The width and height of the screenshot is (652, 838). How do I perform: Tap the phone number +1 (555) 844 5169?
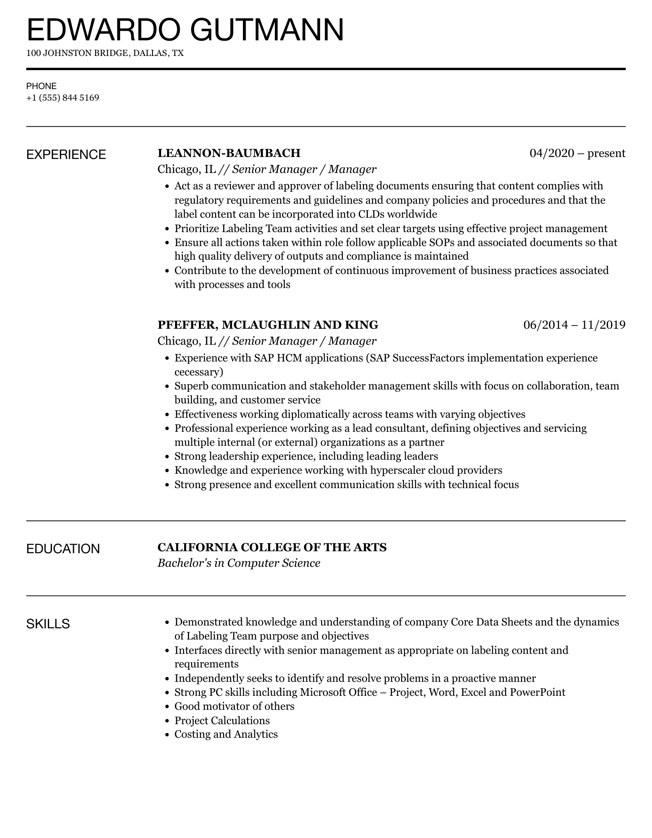[63, 98]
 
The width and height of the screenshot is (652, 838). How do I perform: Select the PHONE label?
[42, 86]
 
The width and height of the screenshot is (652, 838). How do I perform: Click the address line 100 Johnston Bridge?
[105, 53]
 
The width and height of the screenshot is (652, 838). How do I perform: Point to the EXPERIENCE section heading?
[66, 155]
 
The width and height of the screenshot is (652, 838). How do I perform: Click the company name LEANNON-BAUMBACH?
[229, 153]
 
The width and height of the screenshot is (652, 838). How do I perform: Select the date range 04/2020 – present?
[577, 153]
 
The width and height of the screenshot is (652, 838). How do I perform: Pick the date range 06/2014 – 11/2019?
[574, 325]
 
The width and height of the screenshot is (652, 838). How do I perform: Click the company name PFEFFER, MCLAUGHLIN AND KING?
[268, 325]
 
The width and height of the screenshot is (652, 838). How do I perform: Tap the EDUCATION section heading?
[63, 549]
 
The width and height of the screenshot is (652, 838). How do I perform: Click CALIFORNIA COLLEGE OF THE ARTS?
[272, 547]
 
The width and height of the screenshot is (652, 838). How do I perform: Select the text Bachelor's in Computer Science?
[239, 563]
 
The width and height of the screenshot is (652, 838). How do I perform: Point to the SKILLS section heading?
[48, 624]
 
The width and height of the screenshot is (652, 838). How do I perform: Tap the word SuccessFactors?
[428, 358]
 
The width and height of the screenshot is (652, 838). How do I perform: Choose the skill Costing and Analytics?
[226, 734]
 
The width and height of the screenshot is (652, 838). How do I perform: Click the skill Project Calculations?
[222, 720]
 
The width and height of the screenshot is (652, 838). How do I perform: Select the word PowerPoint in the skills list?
[537, 692]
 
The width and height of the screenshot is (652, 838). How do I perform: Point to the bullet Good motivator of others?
[234, 706]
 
